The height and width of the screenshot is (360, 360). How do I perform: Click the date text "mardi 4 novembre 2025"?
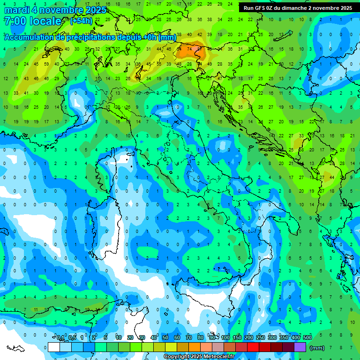pyautogui.click(x=55, y=10)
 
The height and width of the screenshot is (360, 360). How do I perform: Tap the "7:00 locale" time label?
pyautogui.click(x=32, y=21)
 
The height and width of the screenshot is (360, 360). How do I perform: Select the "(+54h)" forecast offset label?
pyautogui.click(x=81, y=21)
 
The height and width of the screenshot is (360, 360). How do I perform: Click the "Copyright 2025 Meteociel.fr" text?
pyautogui.click(x=199, y=357)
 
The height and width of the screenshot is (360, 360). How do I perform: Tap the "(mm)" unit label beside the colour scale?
pyautogui.click(x=317, y=348)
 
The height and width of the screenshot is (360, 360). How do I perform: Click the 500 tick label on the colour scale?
pyautogui.click(x=307, y=338)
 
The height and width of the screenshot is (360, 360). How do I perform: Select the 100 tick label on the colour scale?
pyautogui.click(x=225, y=338)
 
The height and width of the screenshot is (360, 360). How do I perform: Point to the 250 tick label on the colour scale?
pyautogui.click(x=261, y=338)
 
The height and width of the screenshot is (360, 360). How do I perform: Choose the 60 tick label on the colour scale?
pyautogui.click(x=177, y=338)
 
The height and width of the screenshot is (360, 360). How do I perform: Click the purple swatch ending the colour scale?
pyautogui.click(x=300, y=347)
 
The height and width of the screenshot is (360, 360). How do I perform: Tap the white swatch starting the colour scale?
pyautogui.click(x=54, y=347)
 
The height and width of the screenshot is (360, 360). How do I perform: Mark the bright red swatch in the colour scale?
pyautogui.click(x=253, y=347)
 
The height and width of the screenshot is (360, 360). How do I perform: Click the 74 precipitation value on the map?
pyautogui.click(x=190, y=48)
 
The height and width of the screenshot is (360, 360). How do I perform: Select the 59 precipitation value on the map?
pyautogui.click(x=46, y=64)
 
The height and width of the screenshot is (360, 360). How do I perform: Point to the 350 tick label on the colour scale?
pyautogui.click(x=284, y=338)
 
